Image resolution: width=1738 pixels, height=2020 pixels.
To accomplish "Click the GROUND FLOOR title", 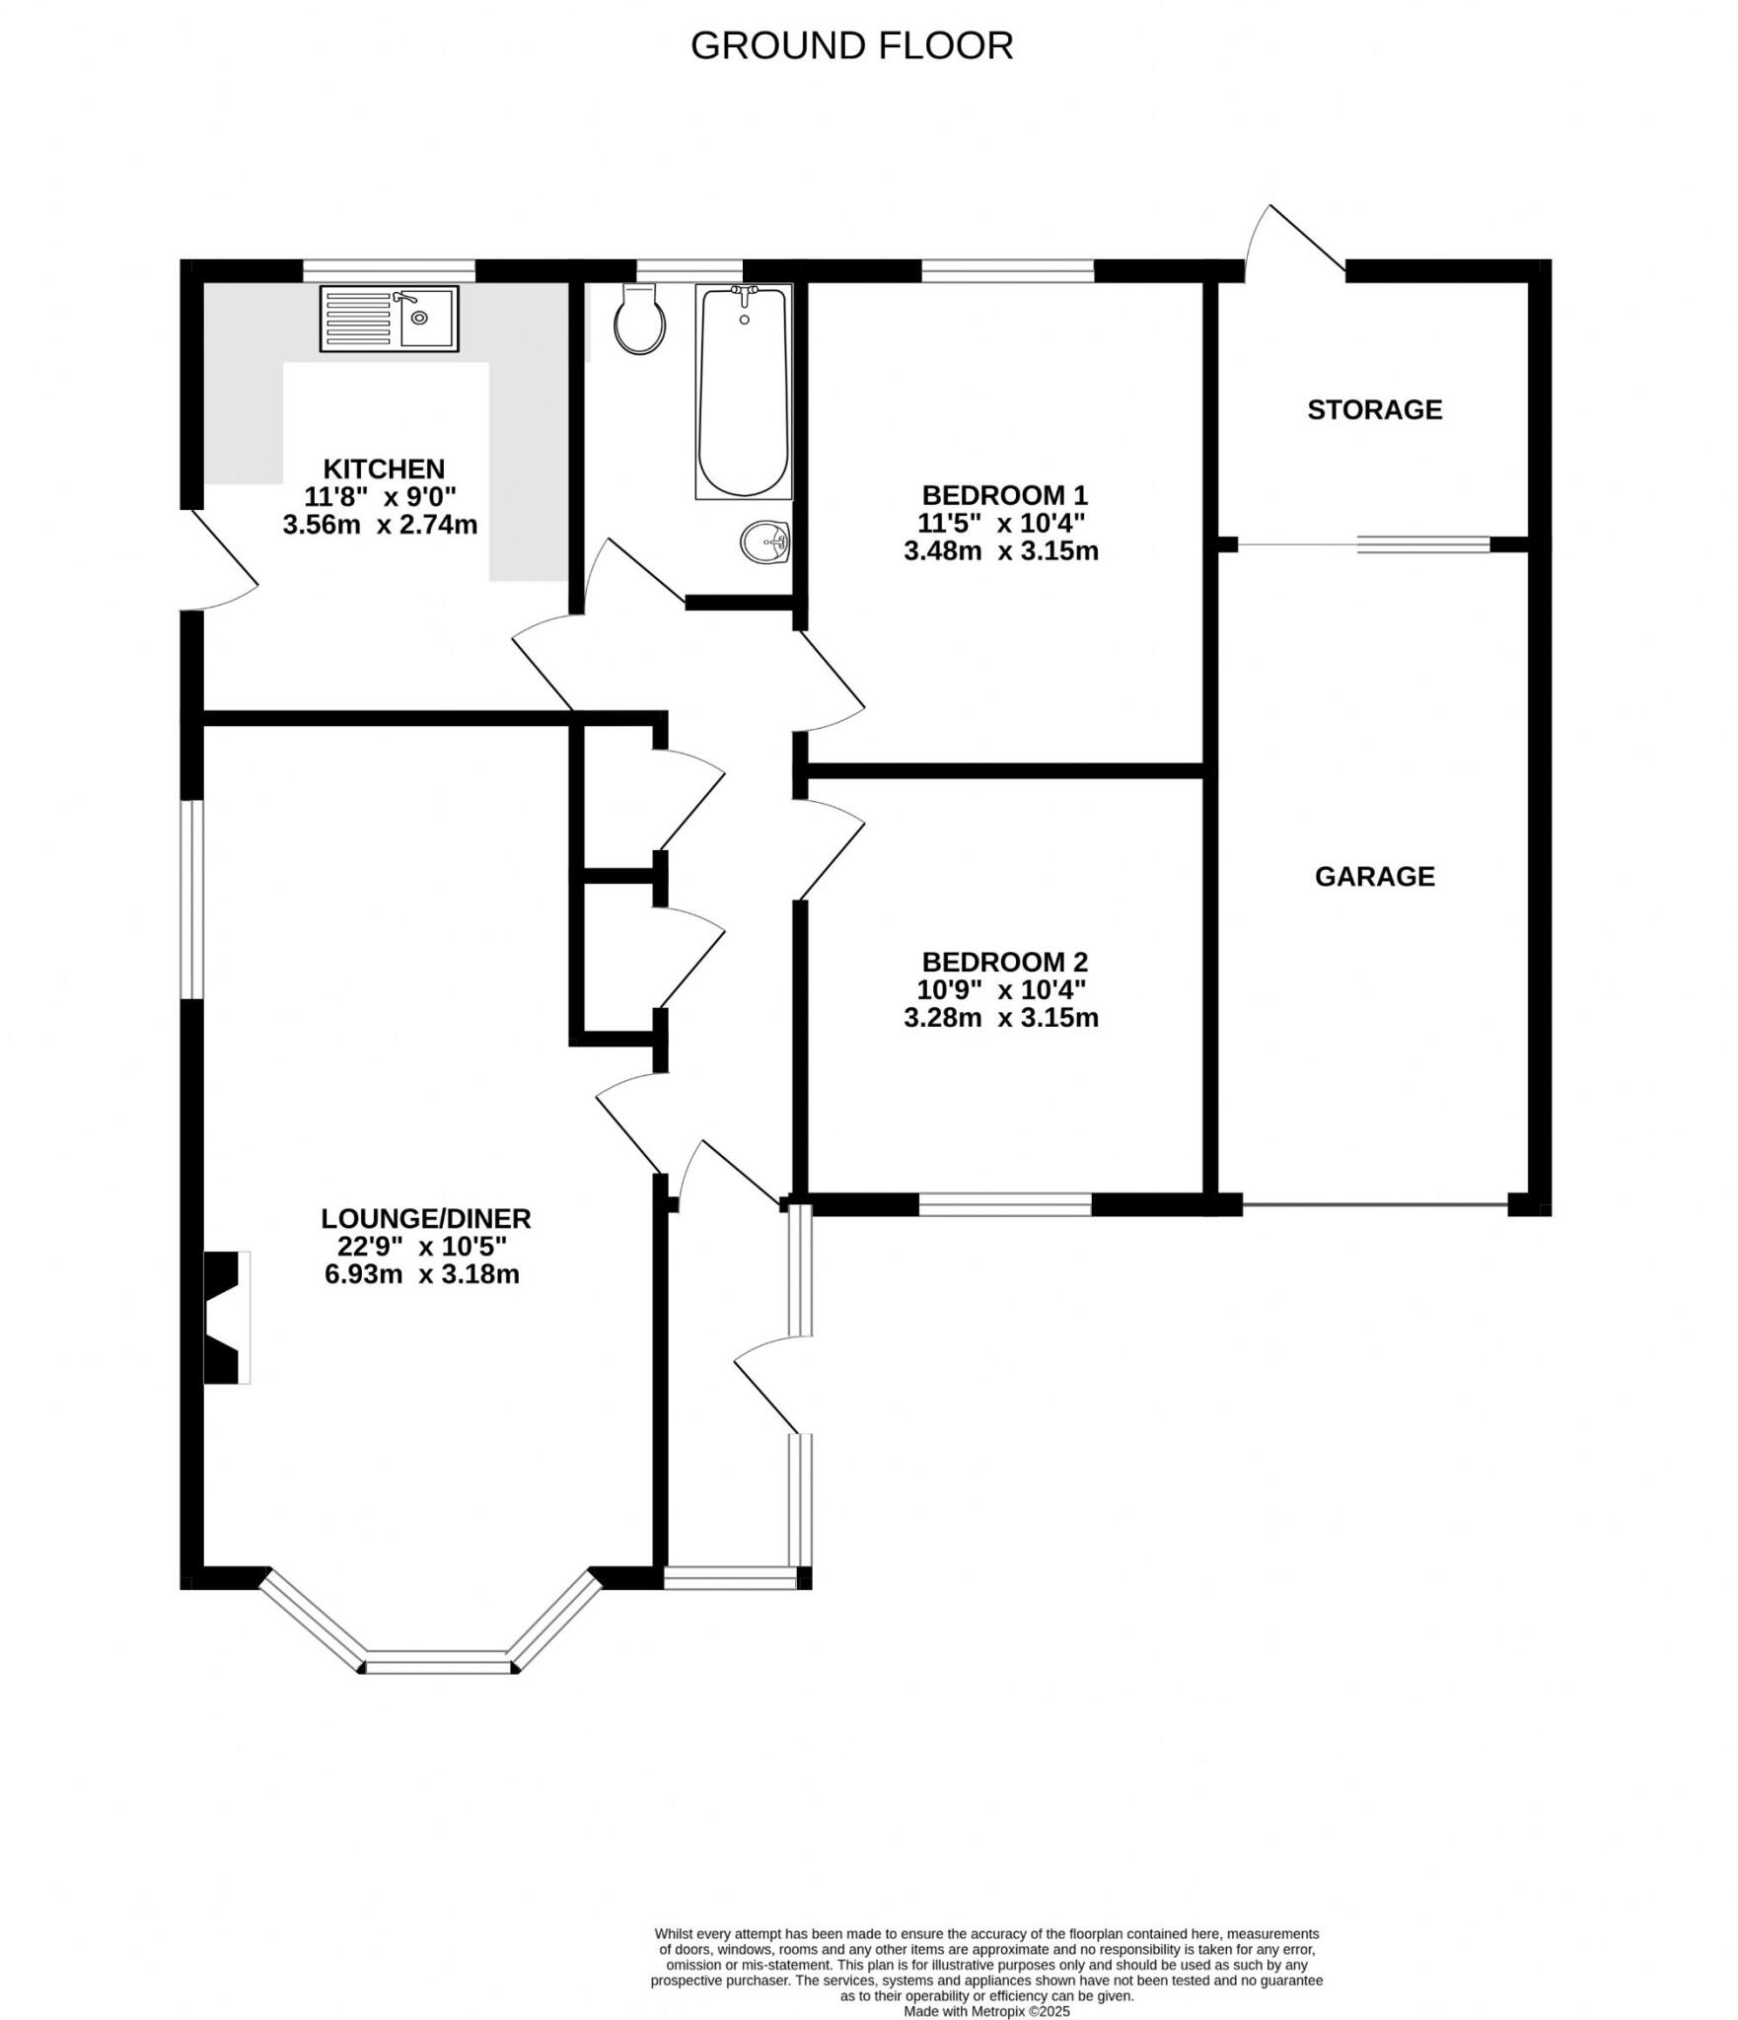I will click(x=851, y=46).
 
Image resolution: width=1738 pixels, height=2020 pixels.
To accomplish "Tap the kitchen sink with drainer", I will click(x=389, y=319).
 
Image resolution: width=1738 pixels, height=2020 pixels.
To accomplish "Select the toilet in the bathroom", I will click(x=638, y=319).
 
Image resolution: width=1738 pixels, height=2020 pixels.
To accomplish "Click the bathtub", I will click(x=744, y=392).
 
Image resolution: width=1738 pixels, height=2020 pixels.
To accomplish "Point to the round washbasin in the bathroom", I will click(x=765, y=541).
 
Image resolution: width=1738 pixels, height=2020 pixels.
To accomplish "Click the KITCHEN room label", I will click(x=384, y=469).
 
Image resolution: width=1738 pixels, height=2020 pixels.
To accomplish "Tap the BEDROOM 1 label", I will click(x=1004, y=494).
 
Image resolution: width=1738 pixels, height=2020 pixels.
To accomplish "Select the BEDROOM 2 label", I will click(x=1004, y=961).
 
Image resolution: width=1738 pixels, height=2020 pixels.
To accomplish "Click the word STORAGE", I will click(x=1374, y=409).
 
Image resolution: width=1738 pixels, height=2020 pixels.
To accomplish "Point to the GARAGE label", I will click(x=1374, y=876).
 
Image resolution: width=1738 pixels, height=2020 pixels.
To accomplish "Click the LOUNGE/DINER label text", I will click(x=425, y=1218).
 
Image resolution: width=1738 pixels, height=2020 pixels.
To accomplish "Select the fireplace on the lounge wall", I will click(x=225, y=1317).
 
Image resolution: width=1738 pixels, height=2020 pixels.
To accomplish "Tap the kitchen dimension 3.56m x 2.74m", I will click(x=380, y=525).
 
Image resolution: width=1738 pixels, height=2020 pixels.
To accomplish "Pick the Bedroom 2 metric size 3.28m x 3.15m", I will click(x=1000, y=1017).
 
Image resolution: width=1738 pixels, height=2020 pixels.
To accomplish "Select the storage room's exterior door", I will click(x=1294, y=239).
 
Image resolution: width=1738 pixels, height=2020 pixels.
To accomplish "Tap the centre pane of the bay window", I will click(x=439, y=1660).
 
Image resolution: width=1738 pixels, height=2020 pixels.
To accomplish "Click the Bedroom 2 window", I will click(x=1005, y=1204).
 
